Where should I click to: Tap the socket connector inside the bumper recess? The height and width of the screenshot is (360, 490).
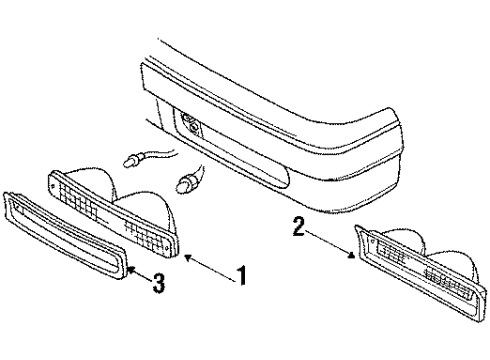click(188, 126)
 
